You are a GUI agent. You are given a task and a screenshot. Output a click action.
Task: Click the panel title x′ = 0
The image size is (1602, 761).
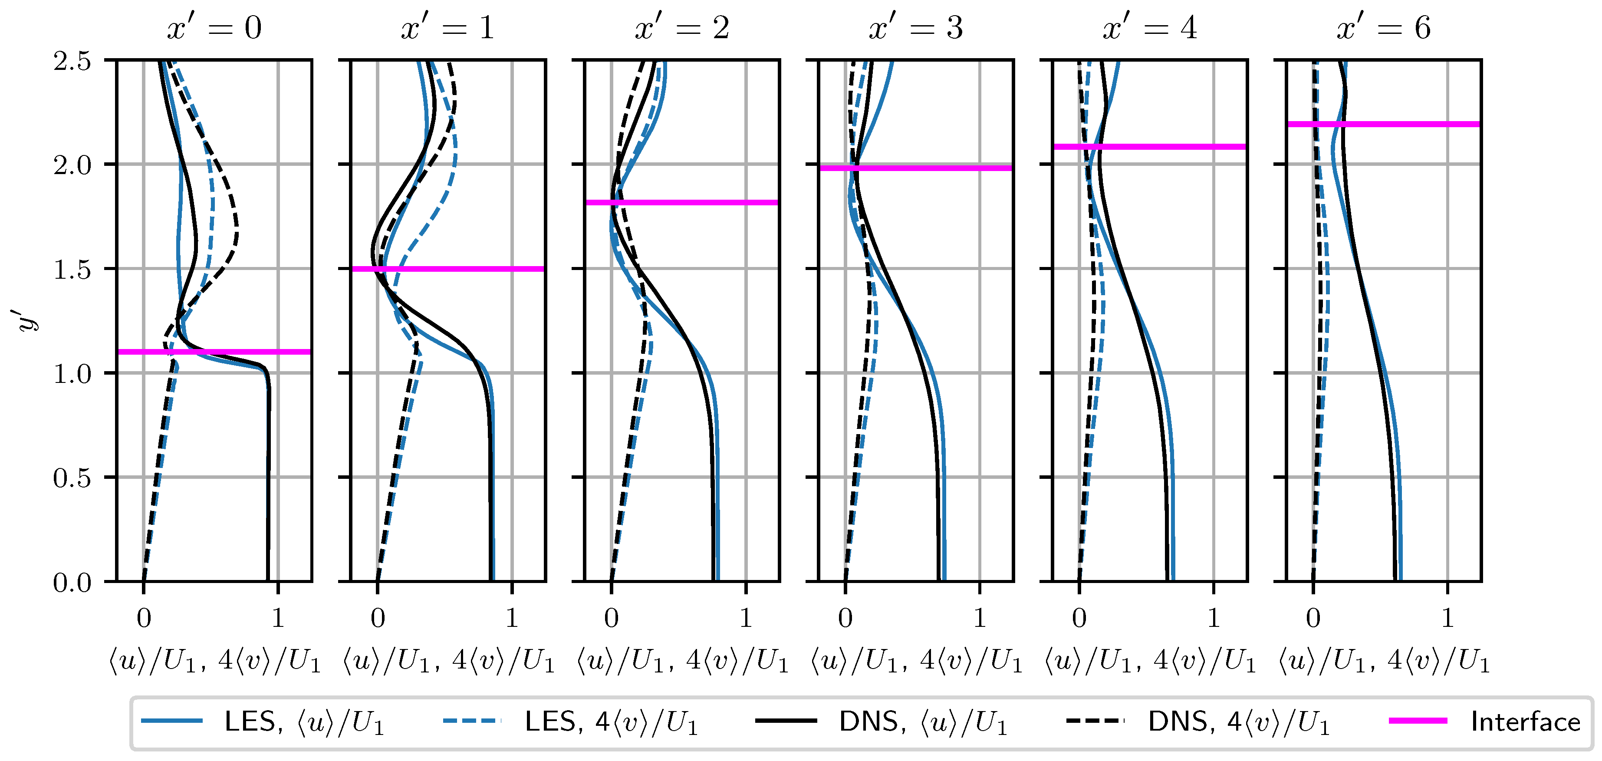point(214,29)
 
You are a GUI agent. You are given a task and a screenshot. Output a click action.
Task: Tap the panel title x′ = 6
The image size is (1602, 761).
point(1383,29)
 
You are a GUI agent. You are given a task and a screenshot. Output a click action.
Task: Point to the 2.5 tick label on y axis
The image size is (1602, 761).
point(72,61)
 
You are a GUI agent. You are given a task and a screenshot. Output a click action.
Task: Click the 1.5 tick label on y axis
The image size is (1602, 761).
point(72,270)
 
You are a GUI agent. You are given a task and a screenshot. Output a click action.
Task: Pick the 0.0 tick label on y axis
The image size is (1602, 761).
point(72,583)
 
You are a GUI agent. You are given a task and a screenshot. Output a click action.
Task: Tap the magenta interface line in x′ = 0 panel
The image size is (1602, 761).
point(214,352)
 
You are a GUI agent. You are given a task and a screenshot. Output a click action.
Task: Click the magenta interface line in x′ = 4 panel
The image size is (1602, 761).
point(1149,147)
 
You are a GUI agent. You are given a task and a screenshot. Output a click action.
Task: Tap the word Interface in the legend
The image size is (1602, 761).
point(1525,722)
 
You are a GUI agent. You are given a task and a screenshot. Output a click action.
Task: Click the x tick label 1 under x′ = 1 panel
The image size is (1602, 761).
point(511,618)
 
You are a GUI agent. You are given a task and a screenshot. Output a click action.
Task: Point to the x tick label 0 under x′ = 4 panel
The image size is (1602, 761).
point(1079,618)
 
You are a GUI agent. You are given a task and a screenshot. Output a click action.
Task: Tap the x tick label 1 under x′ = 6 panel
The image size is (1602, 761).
point(1448,618)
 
